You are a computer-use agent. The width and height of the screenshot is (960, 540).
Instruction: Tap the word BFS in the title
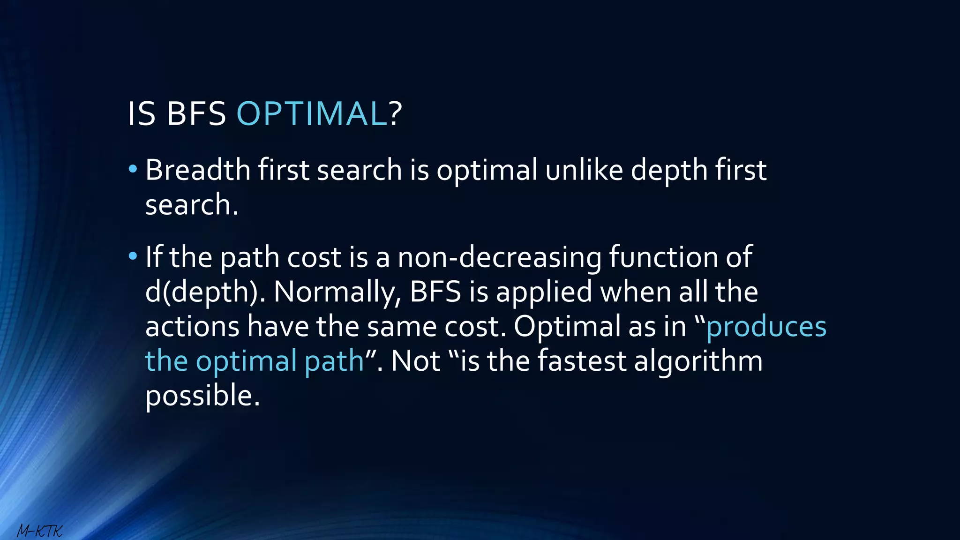point(196,114)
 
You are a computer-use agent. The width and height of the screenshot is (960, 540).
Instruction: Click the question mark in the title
point(396,114)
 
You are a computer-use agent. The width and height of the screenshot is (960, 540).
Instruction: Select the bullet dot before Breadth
point(133,168)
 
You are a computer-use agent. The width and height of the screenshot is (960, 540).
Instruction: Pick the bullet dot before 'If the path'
point(133,256)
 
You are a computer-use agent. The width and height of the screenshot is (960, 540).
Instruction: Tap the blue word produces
point(766,327)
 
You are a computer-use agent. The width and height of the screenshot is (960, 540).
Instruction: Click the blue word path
point(334,361)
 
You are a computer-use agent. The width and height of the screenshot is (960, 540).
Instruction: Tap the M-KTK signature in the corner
point(40,531)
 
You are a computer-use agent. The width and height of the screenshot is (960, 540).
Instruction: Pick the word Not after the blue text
point(415,361)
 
